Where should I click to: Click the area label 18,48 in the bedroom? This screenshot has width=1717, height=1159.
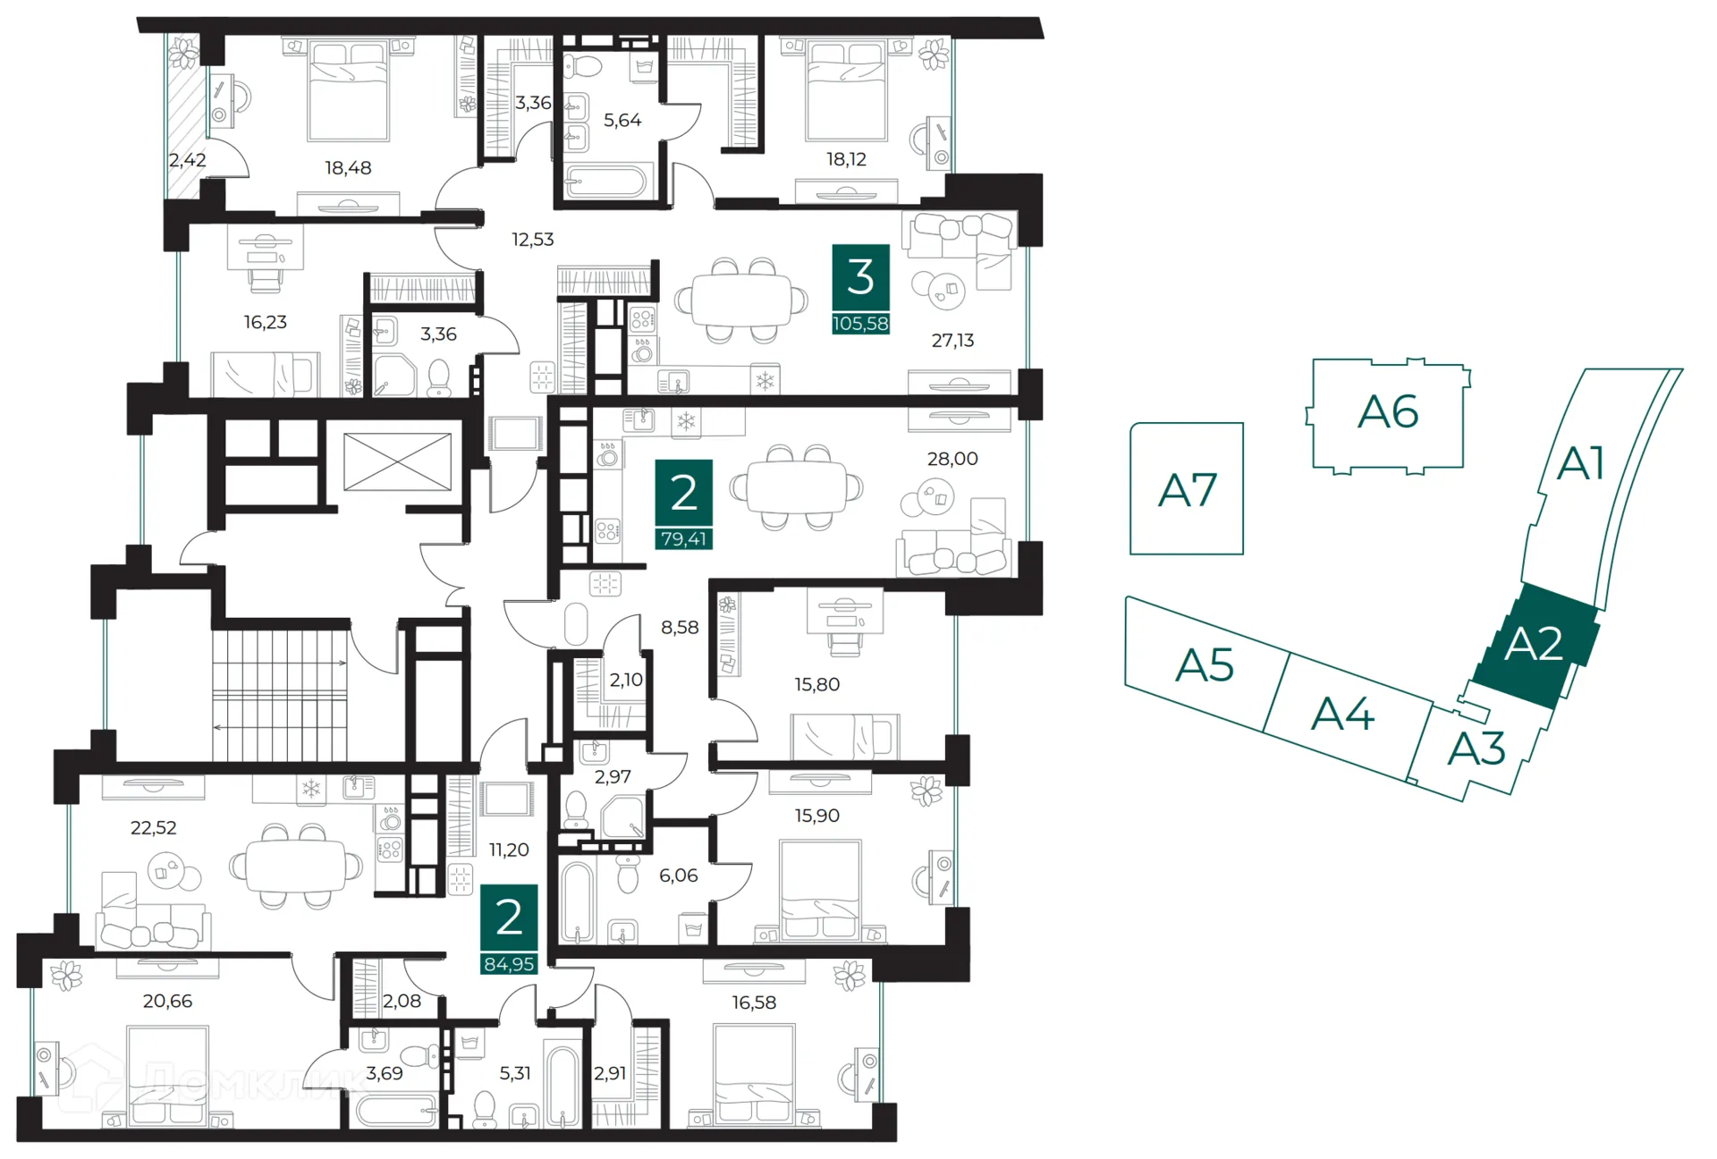click(348, 168)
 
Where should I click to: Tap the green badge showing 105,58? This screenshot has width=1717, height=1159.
click(860, 324)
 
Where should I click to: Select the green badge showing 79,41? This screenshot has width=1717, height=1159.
click(683, 539)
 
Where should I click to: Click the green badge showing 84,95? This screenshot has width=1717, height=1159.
click(509, 964)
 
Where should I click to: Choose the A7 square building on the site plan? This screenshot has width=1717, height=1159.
click(1187, 489)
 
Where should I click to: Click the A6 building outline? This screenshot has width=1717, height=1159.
click(1387, 412)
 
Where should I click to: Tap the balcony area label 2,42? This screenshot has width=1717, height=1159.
click(187, 160)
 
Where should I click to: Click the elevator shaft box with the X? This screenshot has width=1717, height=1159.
click(397, 462)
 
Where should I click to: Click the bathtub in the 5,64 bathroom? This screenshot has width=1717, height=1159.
click(606, 182)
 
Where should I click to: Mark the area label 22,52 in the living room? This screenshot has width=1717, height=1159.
click(153, 828)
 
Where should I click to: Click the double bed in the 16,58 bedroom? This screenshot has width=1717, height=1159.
click(754, 1072)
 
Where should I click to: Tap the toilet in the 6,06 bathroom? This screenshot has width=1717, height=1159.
click(629, 875)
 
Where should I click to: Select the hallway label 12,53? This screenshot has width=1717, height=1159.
click(532, 240)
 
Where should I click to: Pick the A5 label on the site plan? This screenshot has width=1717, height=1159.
click(1205, 665)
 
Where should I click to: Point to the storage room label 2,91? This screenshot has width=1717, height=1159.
click(610, 1073)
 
